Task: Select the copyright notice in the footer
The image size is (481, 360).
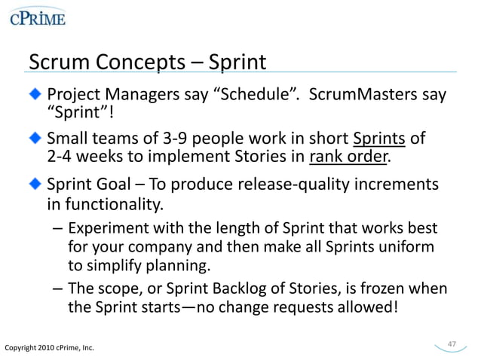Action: [x=49, y=346]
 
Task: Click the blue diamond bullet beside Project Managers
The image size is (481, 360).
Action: [x=37, y=96]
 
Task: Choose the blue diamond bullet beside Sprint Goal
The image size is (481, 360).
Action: [x=37, y=185]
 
